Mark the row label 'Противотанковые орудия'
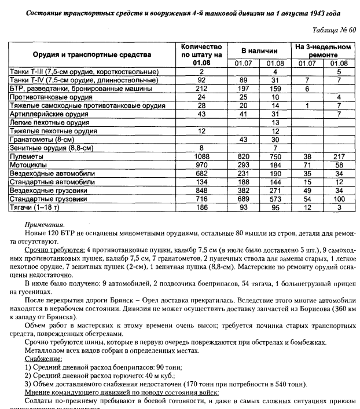click(50, 98)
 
